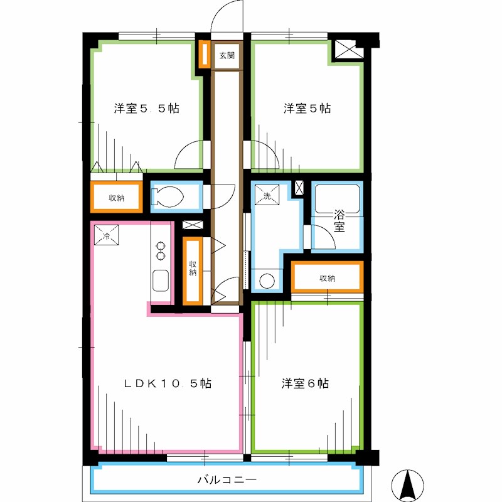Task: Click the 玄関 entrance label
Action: pyautogui.click(x=227, y=55)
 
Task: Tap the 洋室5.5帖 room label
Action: pyautogui.click(x=147, y=108)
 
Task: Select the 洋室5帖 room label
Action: pyautogui.click(x=307, y=108)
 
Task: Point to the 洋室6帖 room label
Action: pyautogui.click(x=306, y=383)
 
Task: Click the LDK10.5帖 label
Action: pyautogui.click(x=166, y=383)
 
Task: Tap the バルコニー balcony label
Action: pyautogui.click(x=227, y=480)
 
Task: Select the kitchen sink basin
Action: pyautogui.click(x=160, y=280)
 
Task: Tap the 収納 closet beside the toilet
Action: pyautogui.click(x=116, y=198)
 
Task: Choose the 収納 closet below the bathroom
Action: pyautogui.click(x=326, y=278)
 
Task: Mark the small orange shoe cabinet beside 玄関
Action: pyautogui.click(x=205, y=55)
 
